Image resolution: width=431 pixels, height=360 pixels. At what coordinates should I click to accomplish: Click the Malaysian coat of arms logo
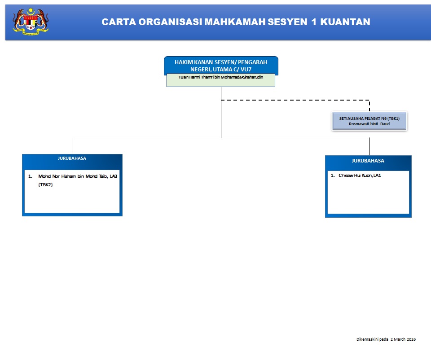pyautogui.click(x=31, y=21)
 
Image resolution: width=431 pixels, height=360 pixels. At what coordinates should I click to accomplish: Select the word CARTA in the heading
pyautogui.click(x=118, y=22)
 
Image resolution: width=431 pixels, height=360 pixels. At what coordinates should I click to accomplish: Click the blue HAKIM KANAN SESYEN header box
pyautogui.click(x=221, y=66)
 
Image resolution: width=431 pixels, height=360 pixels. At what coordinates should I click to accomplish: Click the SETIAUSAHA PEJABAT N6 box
pyautogui.click(x=369, y=121)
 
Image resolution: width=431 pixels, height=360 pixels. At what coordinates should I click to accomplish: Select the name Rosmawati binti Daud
pyautogui.click(x=369, y=124)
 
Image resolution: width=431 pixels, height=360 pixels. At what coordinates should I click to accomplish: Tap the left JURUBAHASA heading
pyautogui.click(x=72, y=158)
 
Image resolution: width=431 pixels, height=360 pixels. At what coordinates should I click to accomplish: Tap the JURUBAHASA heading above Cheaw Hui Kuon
pyautogui.click(x=368, y=161)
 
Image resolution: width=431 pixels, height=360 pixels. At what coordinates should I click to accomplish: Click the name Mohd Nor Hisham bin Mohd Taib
pyautogui.click(x=74, y=176)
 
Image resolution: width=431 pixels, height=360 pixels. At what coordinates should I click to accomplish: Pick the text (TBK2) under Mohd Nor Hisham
pyautogui.click(x=45, y=185)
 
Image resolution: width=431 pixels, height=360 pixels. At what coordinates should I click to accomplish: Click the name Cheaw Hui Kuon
pyautogui.click(x=356, y=176)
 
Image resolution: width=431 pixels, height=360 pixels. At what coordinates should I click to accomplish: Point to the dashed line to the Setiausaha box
pyautogui.click(x=296, y=100)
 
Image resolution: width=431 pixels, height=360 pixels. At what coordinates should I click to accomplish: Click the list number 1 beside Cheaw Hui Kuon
pyautogui.click(x=333, y=176)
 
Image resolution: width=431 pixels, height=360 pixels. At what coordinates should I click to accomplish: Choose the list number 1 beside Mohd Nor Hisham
pyautogui.click(x=30, y=176)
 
